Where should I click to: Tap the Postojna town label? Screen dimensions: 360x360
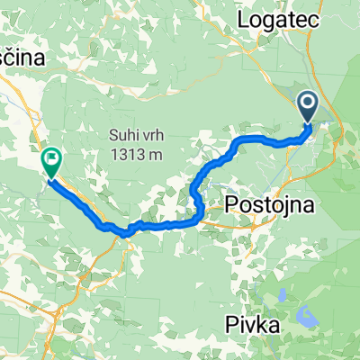pyautogui.click(x=270, y=204)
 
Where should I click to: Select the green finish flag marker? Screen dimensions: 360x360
pyautogui.click(x=51, y=161)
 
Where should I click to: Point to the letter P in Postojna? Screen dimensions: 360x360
pyautogui.click(x=231, y=204)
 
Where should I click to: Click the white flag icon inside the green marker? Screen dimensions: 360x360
pyautogui.click(x=51, y=160)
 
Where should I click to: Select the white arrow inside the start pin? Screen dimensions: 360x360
pyautogui.click(x=308, y=106)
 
